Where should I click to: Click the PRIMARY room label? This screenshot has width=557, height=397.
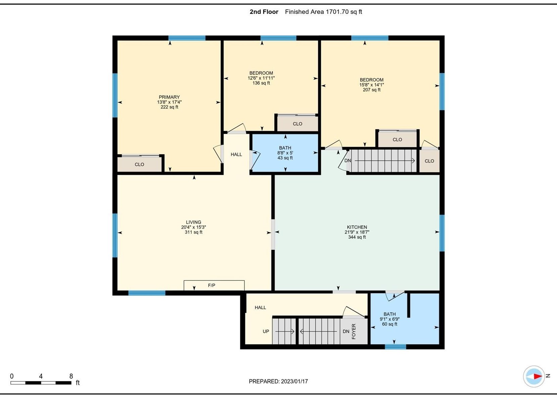coord(169,97)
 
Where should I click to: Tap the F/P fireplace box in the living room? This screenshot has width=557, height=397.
coord(214,285)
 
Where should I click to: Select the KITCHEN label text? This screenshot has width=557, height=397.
coord(357,227)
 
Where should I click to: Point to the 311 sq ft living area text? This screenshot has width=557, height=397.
coord(194,232)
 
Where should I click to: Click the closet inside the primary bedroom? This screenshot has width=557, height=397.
coord(140,164)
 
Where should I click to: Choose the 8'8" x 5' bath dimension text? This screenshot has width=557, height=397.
coord(285,153)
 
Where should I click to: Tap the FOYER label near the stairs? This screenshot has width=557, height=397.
coord(354,331)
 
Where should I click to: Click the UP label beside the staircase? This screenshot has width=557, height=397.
coord(266,331)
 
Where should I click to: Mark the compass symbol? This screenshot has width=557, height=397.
coord(534,377)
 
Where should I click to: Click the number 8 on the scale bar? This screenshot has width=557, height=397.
coord(71,376)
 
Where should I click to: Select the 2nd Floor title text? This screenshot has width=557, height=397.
coord(264,12)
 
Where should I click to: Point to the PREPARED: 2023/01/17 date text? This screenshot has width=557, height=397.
coord(278,381)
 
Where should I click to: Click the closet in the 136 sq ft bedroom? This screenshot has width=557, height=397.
coord(297,123)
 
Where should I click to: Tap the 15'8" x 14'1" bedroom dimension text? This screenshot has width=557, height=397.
coord(371,85)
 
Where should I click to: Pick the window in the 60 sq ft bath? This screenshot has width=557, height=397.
coord(395,347)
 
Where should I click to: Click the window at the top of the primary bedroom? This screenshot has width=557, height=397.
coord(187,38)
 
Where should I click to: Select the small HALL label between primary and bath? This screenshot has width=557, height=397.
coord(236,155)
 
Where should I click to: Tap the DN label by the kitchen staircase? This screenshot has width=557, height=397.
coord(348,161)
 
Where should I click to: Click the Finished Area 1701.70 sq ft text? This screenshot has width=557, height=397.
coord(323,12)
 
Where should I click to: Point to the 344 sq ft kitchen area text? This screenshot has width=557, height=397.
coord(357,237)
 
